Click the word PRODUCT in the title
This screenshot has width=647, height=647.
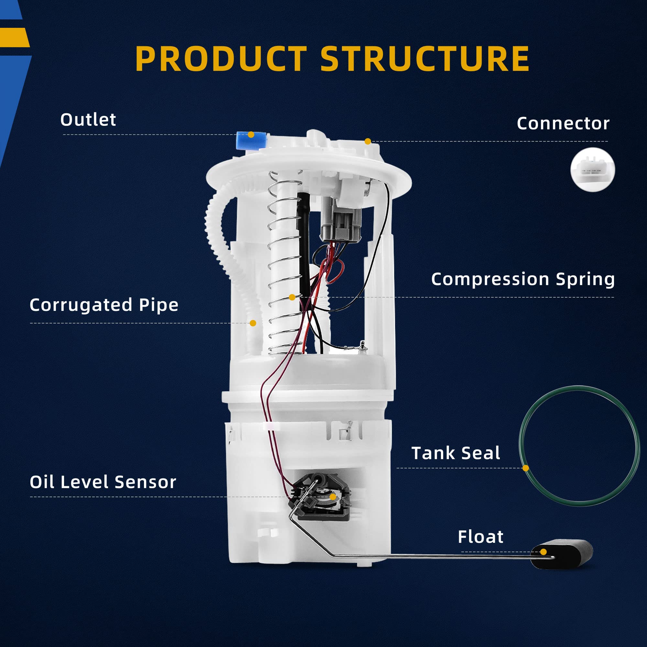coord(221,59)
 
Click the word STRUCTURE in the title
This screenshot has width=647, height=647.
coord(425,59)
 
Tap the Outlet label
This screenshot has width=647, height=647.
coord(88,120)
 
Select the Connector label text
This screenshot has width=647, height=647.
coord(563,123)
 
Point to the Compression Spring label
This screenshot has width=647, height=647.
coord(523,279)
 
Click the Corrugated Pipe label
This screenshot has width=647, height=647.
coord(104,305)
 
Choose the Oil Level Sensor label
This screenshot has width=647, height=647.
coord(103,482)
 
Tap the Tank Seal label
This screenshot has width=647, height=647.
coord(455,453)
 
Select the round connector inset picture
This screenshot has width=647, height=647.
coord(592,170)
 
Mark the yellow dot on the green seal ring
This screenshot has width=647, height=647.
coord(526,468)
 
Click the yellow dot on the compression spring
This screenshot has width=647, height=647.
coord(292,297)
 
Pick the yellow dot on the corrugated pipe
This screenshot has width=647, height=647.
coord(253,323)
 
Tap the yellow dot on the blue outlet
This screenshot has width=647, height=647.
coord(251,135)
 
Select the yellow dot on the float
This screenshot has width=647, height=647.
coord(543,552)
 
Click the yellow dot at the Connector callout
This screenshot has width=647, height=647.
coord(368,141)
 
